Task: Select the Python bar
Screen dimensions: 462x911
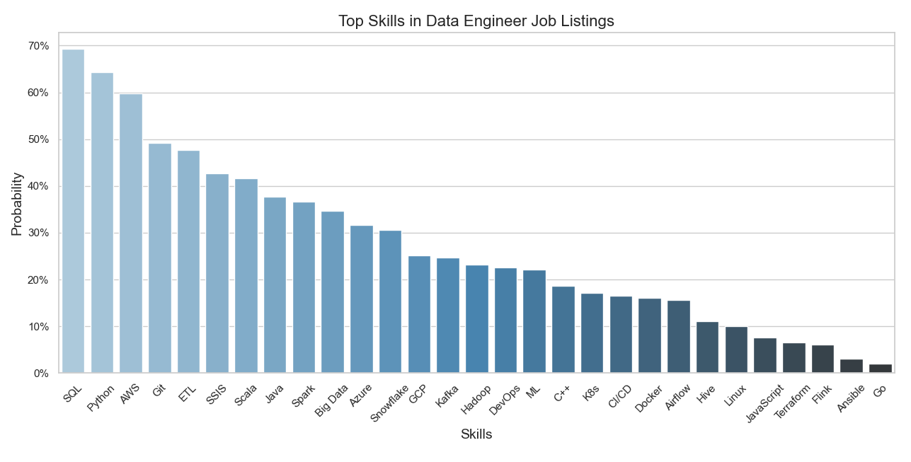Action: point(102,223)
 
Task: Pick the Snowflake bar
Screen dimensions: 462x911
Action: point(390,301)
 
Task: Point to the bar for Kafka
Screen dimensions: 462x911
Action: point(447,316)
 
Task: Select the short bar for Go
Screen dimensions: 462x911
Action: point(880,369)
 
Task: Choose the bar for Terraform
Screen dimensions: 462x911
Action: point(793,358)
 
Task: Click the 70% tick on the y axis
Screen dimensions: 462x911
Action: point(39,46)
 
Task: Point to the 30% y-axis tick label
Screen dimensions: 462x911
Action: point(39,233)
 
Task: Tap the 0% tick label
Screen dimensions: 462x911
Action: point(42,374)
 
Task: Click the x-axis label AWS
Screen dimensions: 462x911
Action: point(130,393)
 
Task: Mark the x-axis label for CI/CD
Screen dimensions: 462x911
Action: point(620,396)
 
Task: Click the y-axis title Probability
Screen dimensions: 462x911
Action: point(17,204)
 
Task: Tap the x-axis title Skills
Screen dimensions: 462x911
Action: point(476,434)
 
